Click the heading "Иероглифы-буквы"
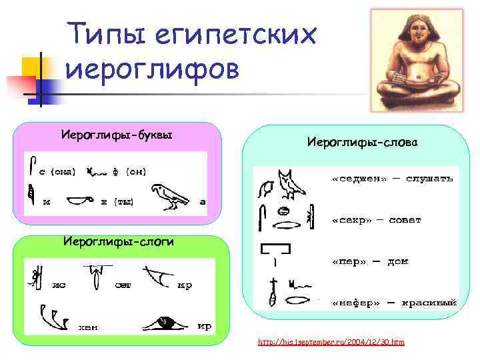click(x=117, y=135)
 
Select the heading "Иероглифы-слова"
click(x=361, y=142)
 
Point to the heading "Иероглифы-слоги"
click(x=118, y=241)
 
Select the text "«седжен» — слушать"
click(x=393, y=179)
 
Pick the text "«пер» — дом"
click(x=369, y=261)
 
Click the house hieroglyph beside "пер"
click(x=275, y=251)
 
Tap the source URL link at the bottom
click(x=331, y=342)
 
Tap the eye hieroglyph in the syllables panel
click(x=164, y=322)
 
